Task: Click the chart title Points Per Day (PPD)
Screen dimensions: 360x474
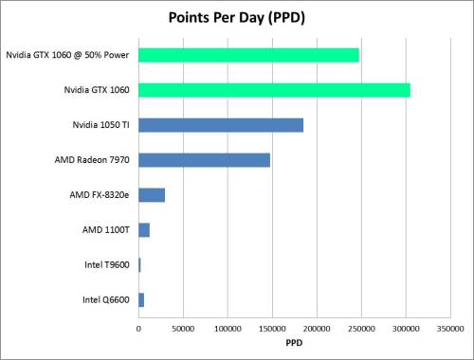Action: pyautogui.click(x=236, y=18)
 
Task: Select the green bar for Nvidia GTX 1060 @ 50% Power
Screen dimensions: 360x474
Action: pyautogui.click(x=248, y=55)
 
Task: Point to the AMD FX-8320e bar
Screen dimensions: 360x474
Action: pyautogui.click(x=152, y=195)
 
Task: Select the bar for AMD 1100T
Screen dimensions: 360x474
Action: pyautogui.click(x=144, y=229)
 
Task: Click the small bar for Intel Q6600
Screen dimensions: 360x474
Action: pyautogui.click(x=141, y=299)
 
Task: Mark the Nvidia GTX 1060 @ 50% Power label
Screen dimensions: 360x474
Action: pyautogui.click(x=67, y=55)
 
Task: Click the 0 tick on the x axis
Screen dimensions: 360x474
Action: pyautogui.click(x=138, y=329)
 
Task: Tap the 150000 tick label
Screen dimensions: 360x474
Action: pyautogui.click(x=272, y=329)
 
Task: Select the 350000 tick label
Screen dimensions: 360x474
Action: pyautogui.click(x=450, y=329)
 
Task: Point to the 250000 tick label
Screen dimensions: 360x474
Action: pyautogui.click(x=361, y=329)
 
